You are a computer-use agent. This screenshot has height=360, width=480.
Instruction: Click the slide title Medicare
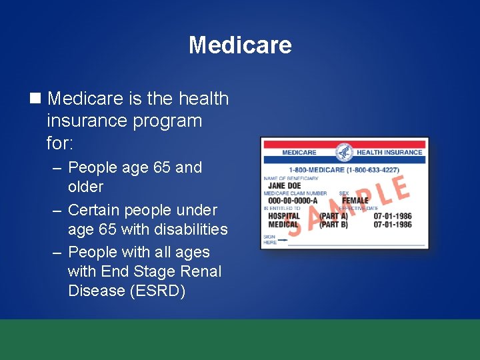point(240,45)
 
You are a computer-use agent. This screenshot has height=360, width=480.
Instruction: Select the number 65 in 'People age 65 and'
point(161,167)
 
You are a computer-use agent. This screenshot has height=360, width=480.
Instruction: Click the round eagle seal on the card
point(345,151)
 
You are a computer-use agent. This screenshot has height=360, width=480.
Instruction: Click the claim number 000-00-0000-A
point(293,201)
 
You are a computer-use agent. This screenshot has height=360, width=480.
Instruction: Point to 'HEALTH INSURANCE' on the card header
point(389,152)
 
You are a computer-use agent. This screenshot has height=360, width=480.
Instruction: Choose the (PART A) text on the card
point(333,216)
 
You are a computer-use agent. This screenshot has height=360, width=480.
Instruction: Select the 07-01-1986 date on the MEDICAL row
point(393,225)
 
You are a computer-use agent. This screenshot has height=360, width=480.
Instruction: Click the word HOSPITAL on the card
point(283,216)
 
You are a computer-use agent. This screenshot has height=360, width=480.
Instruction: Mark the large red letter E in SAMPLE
point(399,187)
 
